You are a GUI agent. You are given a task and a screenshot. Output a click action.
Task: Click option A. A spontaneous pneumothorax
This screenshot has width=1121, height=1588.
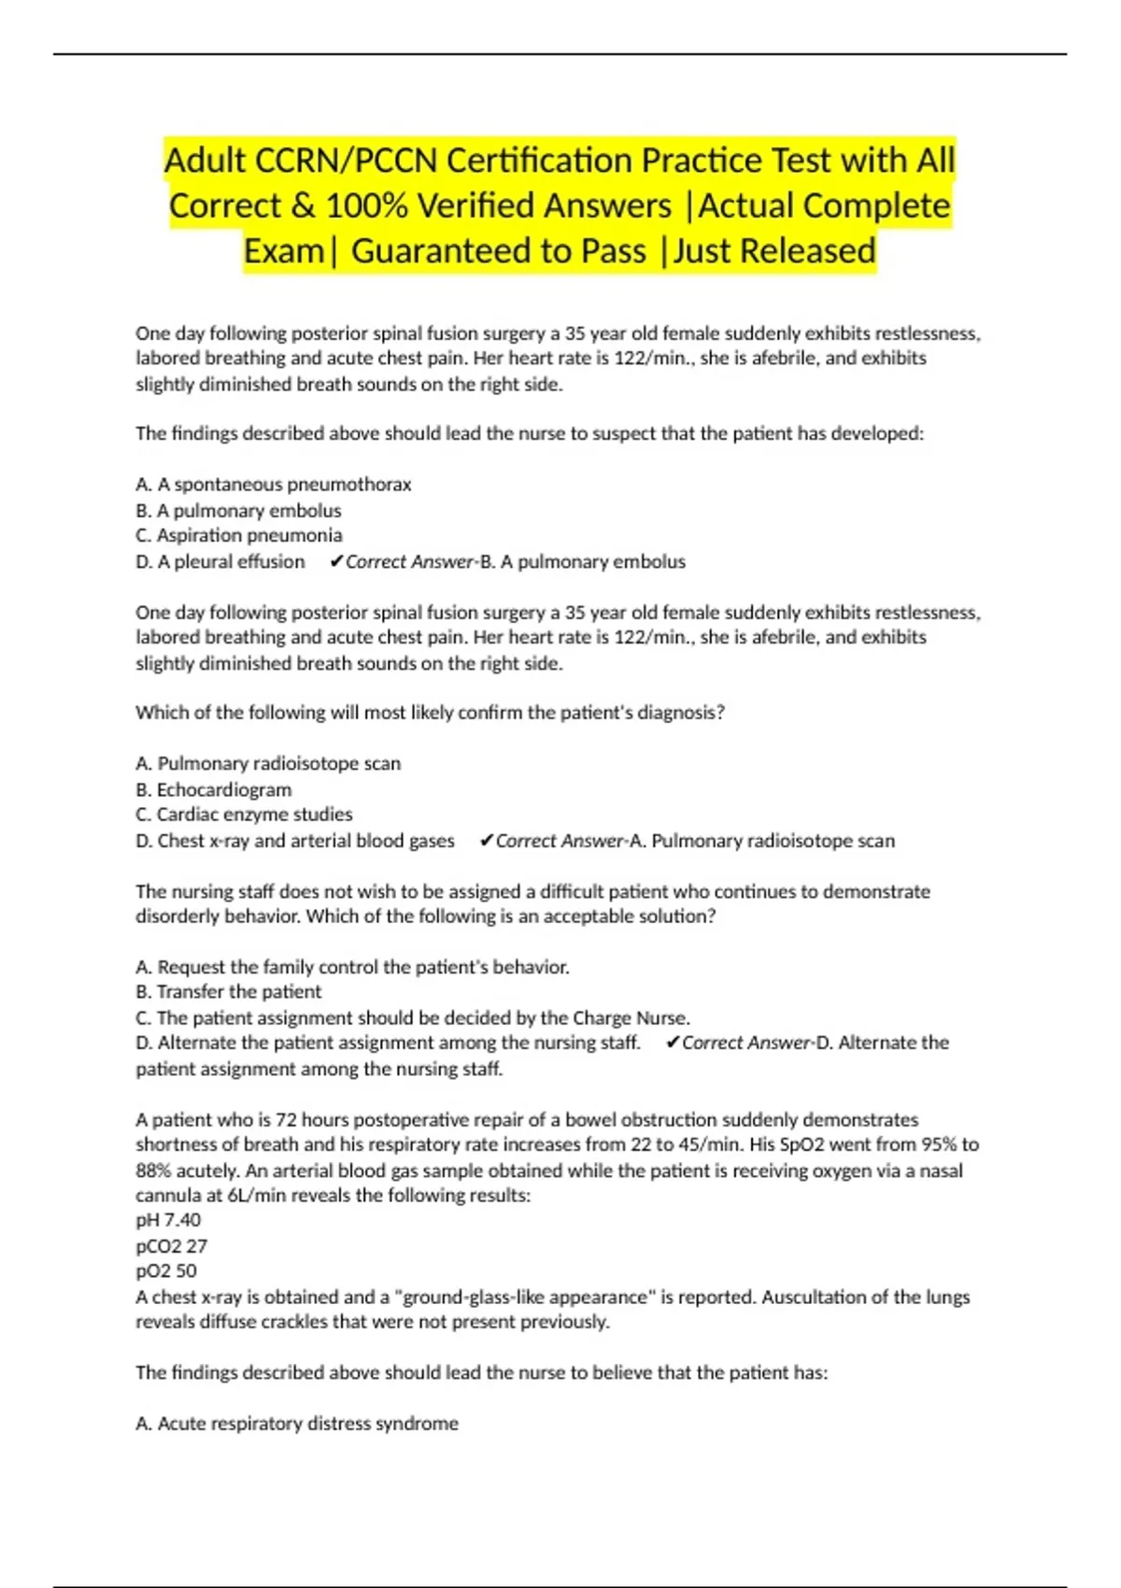(x=273, y=484)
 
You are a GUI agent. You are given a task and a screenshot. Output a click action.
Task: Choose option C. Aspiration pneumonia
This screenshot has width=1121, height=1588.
(x=239, y=535)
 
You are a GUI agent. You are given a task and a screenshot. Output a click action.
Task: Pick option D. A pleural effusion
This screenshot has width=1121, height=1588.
(x=220, y=561)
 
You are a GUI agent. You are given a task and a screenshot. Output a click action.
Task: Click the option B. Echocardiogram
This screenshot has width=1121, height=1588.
(x=214, y=789)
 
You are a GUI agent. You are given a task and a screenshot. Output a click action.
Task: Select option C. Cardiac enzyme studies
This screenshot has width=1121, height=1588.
(x=244, y=815)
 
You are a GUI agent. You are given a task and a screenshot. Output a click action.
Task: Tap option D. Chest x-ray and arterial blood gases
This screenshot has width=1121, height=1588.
(x=295, y=841)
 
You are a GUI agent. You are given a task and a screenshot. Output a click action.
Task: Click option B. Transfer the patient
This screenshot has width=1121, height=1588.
(x=229, y=992)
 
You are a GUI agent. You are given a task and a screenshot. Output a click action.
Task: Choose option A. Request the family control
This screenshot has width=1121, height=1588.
(x=352, y=967)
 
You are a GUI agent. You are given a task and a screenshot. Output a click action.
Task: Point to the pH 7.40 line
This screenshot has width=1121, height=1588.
(x=168, y=1220)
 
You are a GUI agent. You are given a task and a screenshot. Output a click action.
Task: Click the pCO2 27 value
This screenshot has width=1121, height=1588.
(x=172, y=1246)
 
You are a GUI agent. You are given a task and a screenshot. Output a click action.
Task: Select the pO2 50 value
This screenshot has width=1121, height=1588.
(x=166, y=1271)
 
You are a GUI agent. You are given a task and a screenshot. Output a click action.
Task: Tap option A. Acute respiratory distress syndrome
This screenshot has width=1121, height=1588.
(x=297, y=1424)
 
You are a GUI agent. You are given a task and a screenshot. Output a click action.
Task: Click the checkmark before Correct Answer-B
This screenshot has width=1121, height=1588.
(x=336, y=561)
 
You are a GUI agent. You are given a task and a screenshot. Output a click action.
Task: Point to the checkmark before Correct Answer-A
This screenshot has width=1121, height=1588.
(x=486, y=841)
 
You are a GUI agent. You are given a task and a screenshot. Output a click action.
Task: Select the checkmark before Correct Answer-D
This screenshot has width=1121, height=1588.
(x=672, y=1043)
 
